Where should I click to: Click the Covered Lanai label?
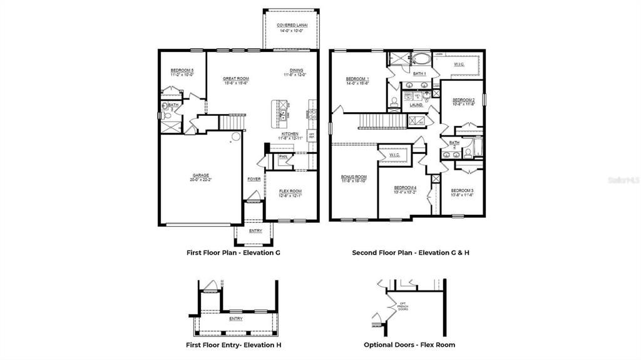290,25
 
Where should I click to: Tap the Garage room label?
200,175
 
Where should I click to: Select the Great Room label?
236,79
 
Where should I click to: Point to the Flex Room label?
290,192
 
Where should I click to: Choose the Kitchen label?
290,135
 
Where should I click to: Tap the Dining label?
296,71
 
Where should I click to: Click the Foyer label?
254,179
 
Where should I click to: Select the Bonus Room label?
354,177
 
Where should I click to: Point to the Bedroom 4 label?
405,188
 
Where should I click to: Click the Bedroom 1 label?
357,79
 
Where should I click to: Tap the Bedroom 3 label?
462,190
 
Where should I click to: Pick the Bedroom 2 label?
464,100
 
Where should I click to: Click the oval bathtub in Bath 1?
421,60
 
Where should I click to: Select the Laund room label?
416,105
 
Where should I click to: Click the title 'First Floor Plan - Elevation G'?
233,253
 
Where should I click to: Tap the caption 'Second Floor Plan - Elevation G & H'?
409,253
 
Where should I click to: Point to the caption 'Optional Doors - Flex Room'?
409,344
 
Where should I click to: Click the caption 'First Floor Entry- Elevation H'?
233,344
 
